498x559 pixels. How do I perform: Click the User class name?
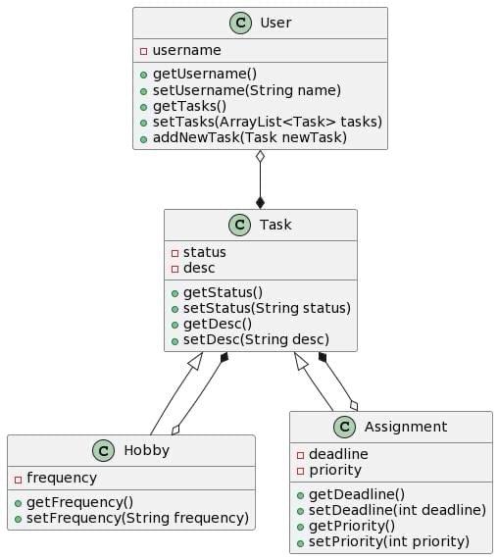coord(277,24)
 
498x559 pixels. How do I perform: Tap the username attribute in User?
coord(186,50)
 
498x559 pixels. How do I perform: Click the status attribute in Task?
coord(205,252)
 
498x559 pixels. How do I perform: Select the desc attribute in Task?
coord(200,268)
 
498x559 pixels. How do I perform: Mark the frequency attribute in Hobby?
coord(61,478)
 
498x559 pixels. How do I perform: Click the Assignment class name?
coord(406,427)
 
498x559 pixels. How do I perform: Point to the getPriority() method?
coord(352,525)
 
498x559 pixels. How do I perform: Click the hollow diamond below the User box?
coord(260,158)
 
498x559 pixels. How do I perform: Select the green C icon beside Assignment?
coord(344,427)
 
